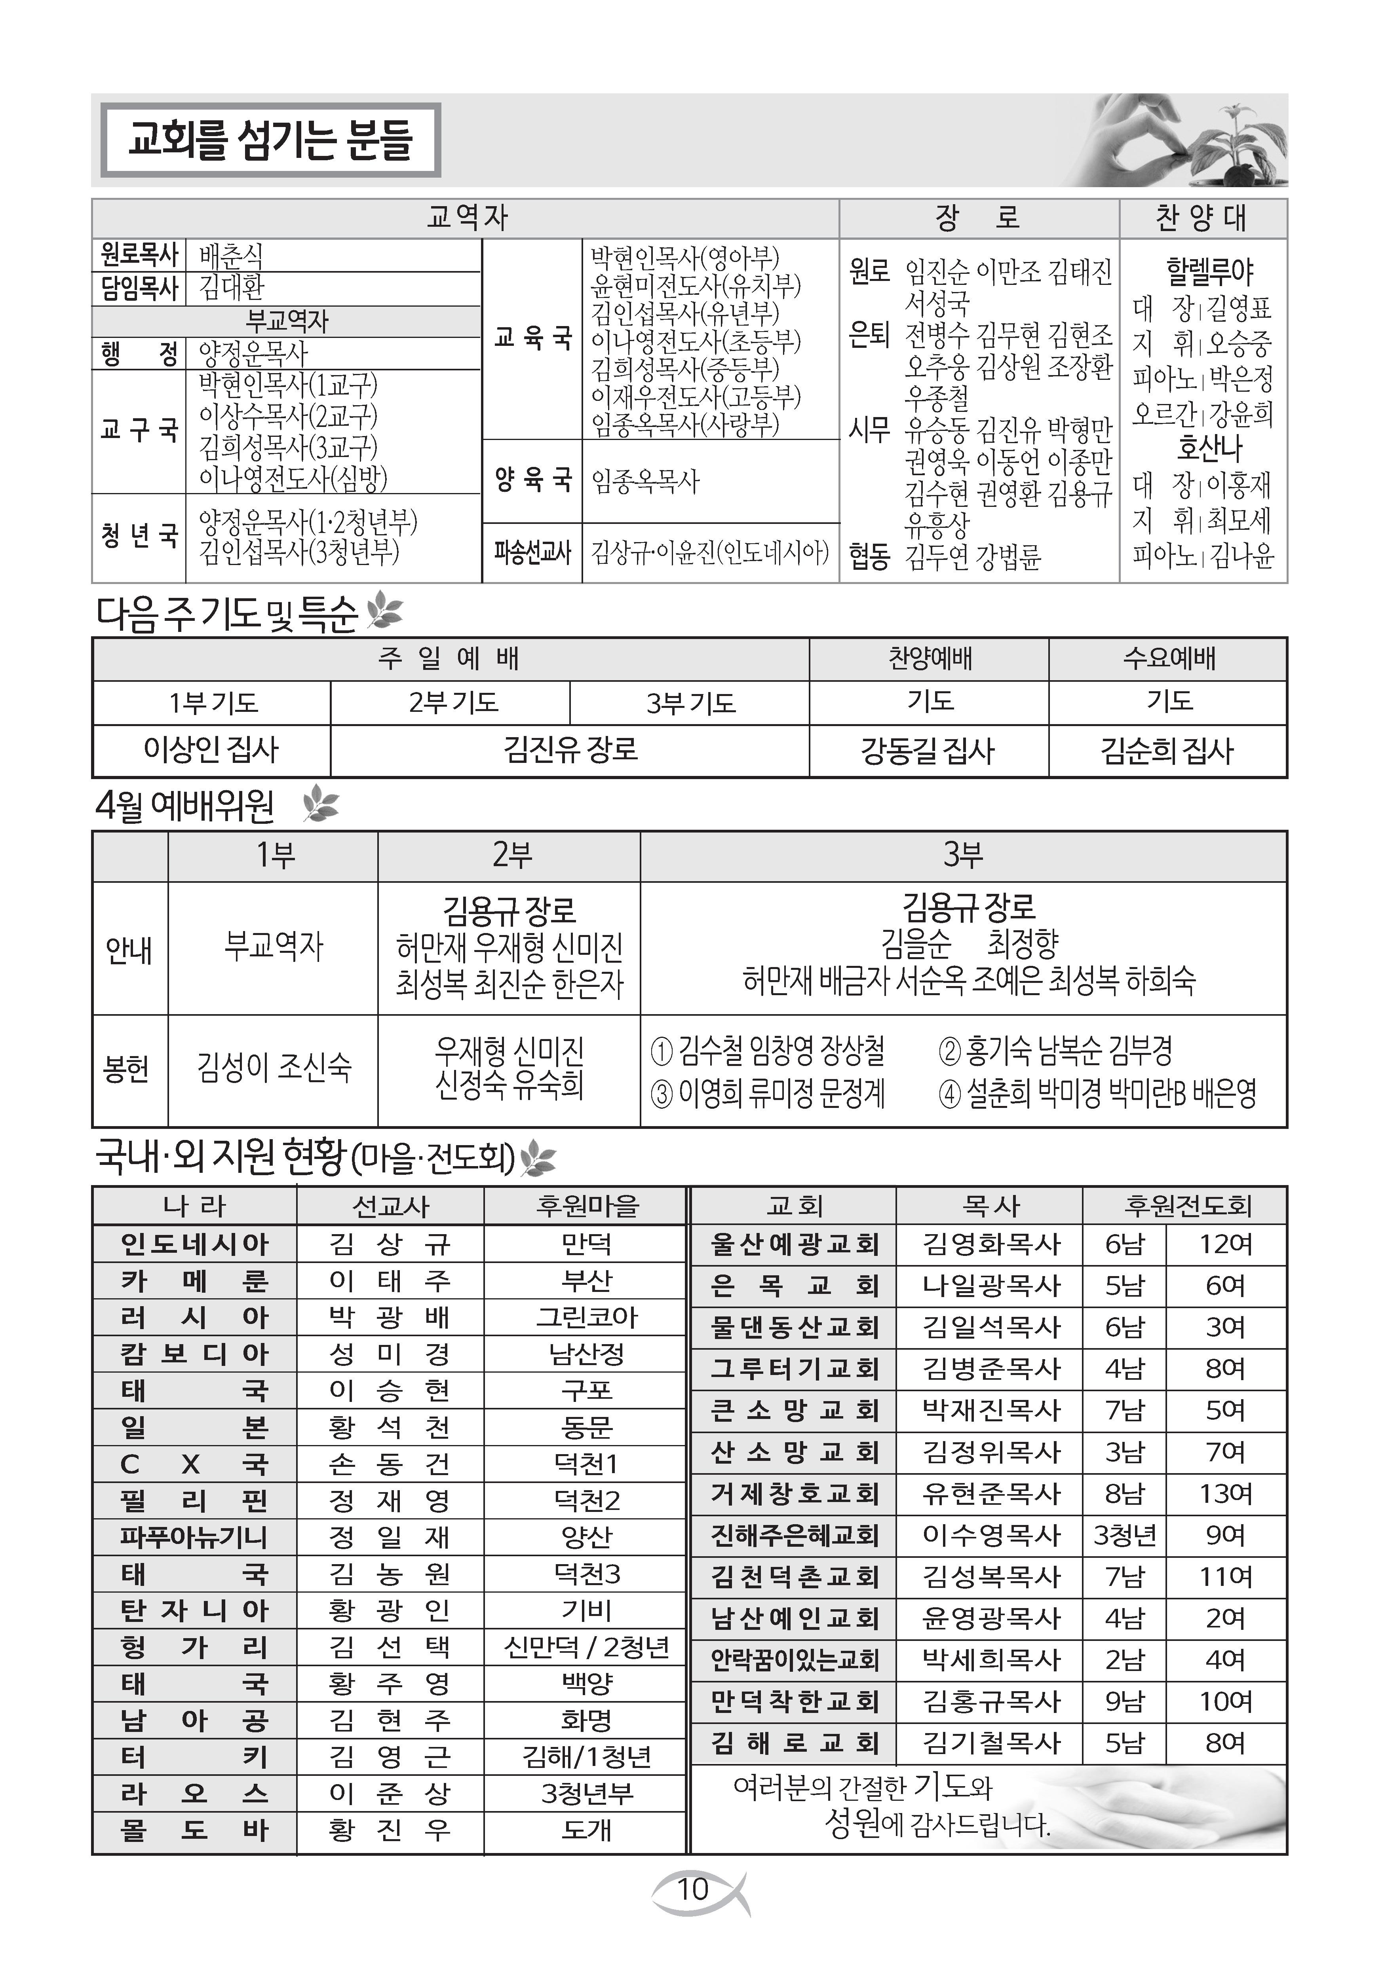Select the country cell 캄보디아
tap(194, 1354)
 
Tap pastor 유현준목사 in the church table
tap(990, 1494)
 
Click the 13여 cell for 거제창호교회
tap(1225, 1494)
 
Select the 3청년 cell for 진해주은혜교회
tap(1124, 1536)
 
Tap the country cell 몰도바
tap(194, 1830)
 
